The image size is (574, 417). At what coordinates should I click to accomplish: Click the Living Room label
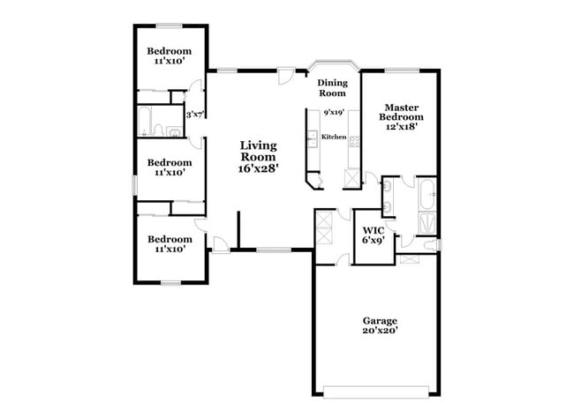(259, 156)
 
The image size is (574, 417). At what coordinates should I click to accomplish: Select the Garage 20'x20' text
(380, 325)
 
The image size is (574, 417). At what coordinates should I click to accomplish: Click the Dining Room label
(332, 87)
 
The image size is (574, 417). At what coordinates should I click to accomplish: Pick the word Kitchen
(333, 137)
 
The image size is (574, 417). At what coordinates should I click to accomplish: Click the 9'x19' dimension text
(333, 113)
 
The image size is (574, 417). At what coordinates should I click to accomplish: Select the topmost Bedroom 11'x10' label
(169, 56)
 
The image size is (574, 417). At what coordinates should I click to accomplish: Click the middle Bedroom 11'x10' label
(169, 168)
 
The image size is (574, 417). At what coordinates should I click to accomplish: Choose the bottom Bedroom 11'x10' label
(169, 244)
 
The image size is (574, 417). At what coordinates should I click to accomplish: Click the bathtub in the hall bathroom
(145, 121)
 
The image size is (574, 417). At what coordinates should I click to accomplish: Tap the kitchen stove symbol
(353, 140)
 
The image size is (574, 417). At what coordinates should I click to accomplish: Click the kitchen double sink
(311, 138)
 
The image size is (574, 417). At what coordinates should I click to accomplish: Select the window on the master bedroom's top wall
(403, 70)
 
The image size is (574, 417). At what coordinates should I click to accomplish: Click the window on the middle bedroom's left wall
(134, 184)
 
